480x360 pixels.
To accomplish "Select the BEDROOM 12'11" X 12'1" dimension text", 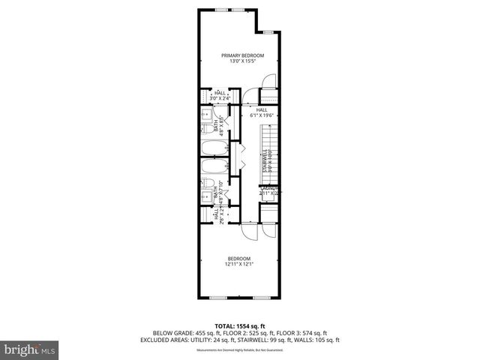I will [x=239, y=264].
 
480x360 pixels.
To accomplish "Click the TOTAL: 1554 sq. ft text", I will [x=239, y=324].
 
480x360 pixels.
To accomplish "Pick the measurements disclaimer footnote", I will [x=239, y=349].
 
